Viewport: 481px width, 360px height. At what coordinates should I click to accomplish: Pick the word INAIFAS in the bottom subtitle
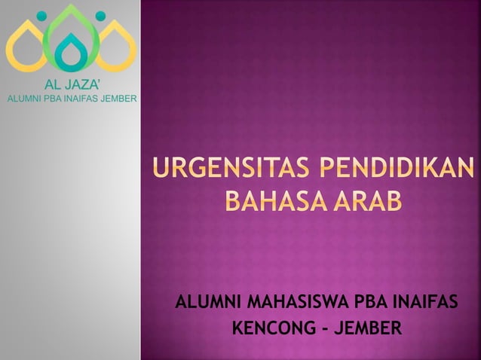coord(426,304)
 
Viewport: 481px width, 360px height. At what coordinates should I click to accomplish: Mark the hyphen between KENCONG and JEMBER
coord(320,330)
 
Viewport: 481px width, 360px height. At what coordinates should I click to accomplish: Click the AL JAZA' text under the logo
coord(71,84)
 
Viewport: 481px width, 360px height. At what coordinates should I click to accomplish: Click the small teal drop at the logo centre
coord(71,54)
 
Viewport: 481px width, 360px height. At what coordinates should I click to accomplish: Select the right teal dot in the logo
coord(99,15)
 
